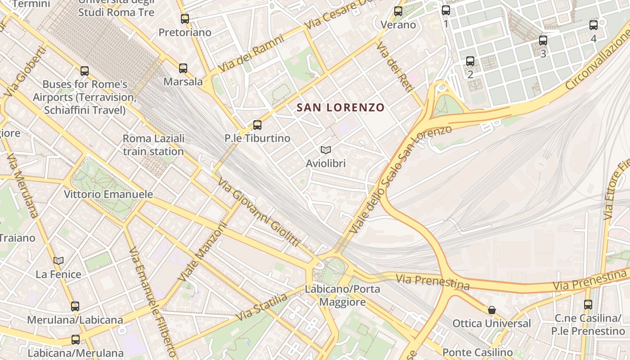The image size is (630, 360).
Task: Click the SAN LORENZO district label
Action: tap(341, 108)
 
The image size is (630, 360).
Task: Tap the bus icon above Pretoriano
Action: tap(185, 19)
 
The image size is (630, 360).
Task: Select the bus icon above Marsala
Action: tap(183, 68)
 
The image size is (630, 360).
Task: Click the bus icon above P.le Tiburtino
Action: tap(257, 125)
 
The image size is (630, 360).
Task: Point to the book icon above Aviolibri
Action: tap(326, 150)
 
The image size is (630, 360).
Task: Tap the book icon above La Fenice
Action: tap(58, 261)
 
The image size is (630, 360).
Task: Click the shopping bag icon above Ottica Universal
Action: tap(492, 310)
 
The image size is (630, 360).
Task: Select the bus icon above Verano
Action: tap(398, 11)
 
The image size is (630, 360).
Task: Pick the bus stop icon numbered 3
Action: tap(543, 40)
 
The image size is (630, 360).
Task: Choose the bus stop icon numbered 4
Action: tap(594, 25)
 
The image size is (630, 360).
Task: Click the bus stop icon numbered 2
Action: tap(470, 61)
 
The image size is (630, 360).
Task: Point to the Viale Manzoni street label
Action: tap(202, 252)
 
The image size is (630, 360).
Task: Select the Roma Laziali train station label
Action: tap(153, 145)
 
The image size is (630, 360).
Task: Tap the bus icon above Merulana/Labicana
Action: tap(75, 306)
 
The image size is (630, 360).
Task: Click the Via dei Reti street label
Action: tap(395, 67)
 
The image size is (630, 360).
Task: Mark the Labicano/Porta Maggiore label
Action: tap(342, 295)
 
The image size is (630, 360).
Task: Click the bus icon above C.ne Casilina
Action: tap(588, 305)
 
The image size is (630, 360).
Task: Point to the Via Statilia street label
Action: tap(261, 307)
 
